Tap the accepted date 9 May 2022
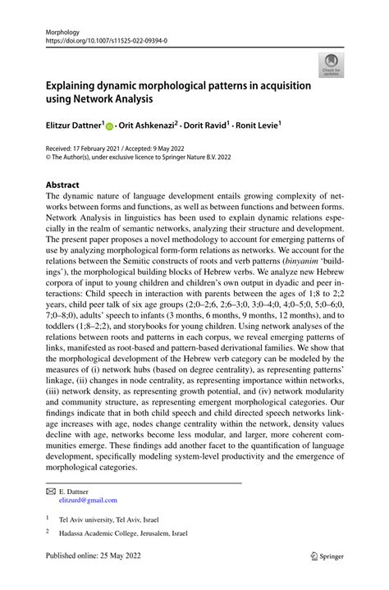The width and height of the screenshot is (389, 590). coord(175,148)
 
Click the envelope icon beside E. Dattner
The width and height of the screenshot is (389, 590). coord(51,491)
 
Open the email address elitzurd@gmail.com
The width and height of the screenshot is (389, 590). coord(88,500)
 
